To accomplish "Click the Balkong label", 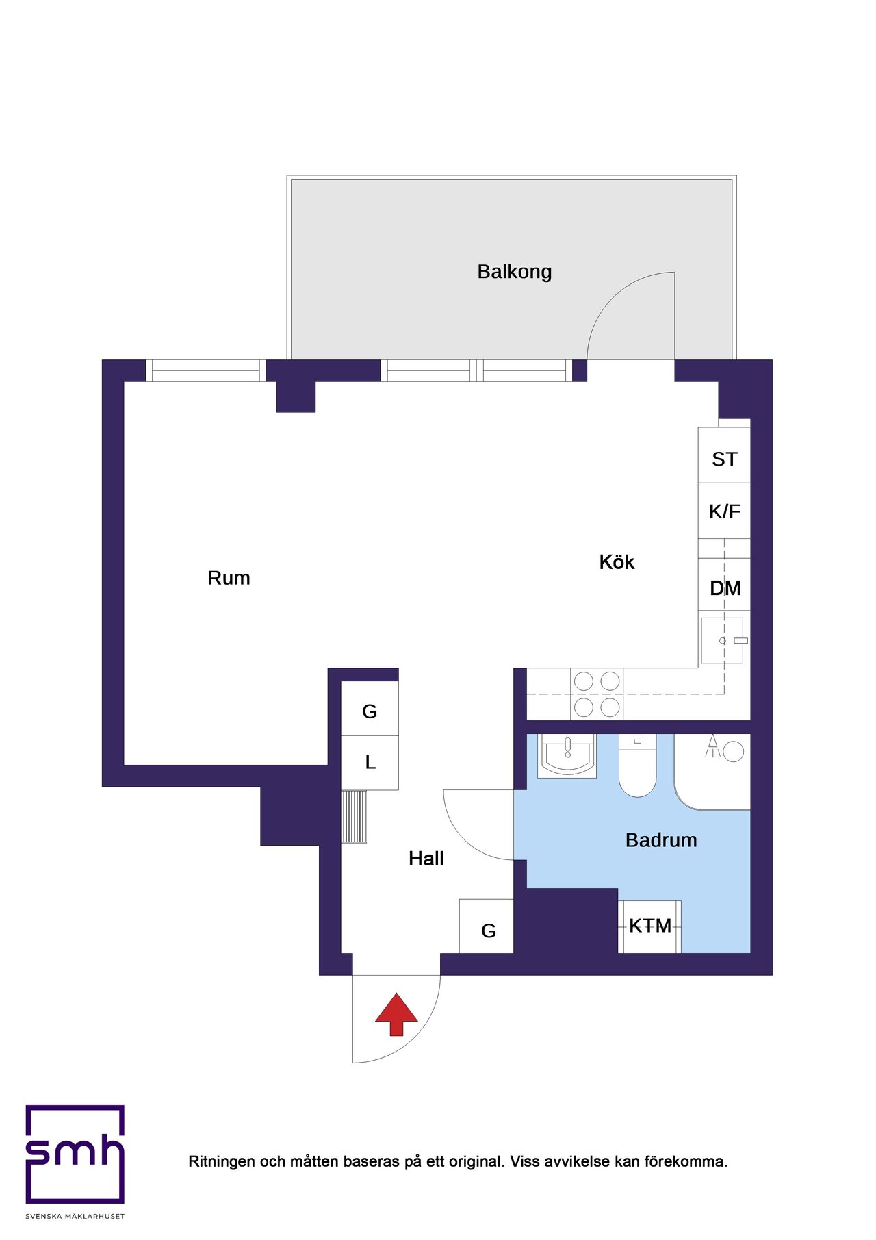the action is (515, 272).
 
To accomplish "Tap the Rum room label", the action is (229, 578).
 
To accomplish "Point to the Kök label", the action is (617, 562).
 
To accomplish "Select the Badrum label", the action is (661, 840).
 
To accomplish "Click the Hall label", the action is (426, 859).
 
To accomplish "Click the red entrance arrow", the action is (396, 1014).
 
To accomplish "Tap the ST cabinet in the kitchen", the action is (724, 455).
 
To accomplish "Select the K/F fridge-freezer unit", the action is (724, 511).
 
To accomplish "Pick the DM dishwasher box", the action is (724, 585).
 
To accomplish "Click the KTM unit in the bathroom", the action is (649, 926).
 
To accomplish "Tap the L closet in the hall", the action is (370, 763).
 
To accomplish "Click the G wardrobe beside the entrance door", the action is (486, 926).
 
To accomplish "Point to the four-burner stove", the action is (597, 694).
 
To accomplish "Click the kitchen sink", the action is (722, 640).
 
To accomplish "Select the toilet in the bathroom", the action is (637, 765).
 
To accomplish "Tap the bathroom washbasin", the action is (567, 756).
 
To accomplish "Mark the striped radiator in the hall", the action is (354, 817).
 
